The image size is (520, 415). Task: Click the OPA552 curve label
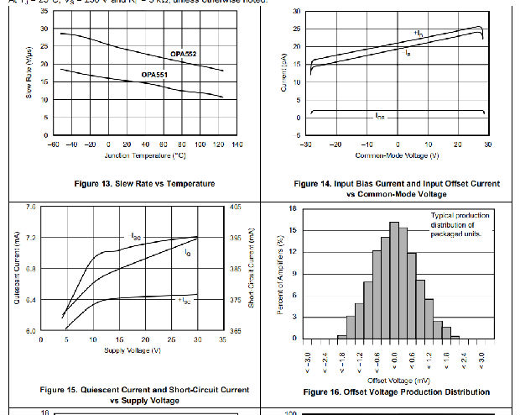click(184, 54)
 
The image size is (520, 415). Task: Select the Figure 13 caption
click(133, 183)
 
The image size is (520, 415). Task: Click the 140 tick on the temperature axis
click(237, 144)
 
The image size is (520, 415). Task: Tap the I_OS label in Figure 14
click(380, 116)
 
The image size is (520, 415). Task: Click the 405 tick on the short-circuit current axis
click(236, 207)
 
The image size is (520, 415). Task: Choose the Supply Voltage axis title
click(132, 349)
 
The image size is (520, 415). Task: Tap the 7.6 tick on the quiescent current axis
click(31, 207)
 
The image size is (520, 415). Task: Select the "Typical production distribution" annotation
click(459, 225)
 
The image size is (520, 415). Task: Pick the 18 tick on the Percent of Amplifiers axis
click(293, 207)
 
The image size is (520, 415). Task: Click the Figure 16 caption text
click(396, 392)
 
